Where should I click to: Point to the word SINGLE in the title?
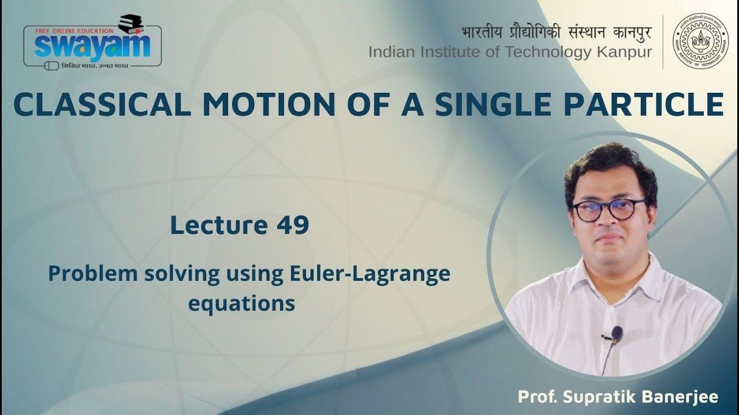(x=492, y=105)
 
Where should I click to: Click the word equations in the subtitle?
(x=241, y=303)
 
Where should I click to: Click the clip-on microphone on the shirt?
(x=615, y=333)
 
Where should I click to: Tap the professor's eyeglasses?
(x=610, y=209)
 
